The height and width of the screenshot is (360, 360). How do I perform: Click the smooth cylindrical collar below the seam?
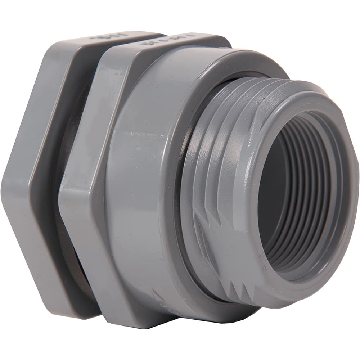144,216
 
